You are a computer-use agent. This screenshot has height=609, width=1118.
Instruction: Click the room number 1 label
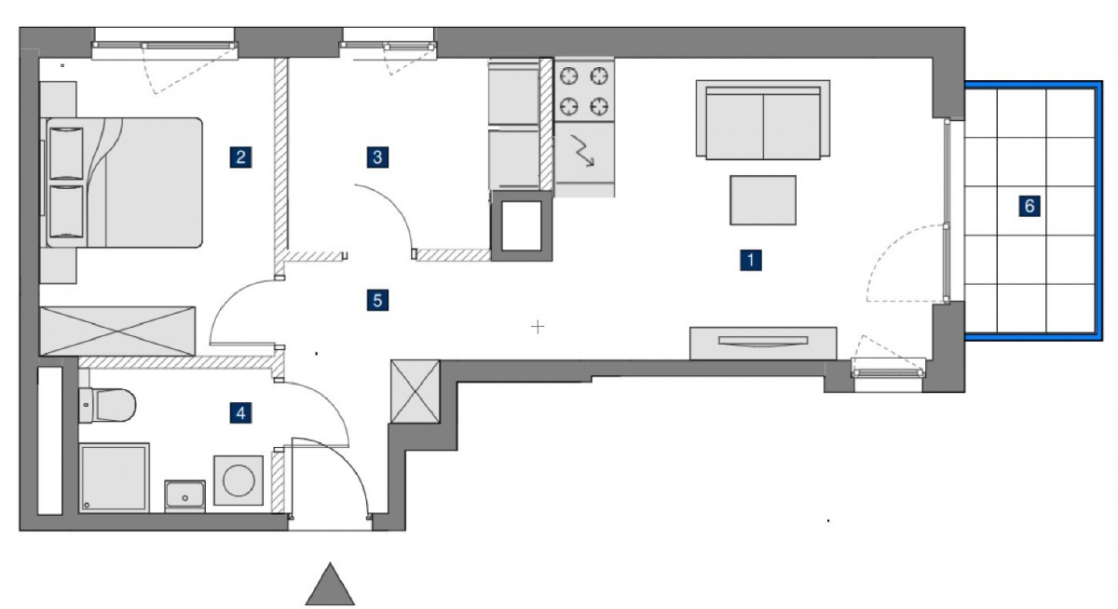(x=751, y=260)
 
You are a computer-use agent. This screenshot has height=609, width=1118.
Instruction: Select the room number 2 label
(x=240, y=157)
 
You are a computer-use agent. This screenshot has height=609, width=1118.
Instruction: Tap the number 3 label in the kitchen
(x=377, y=157)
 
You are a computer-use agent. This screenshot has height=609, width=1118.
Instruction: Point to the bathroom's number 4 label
(x=240, y=413)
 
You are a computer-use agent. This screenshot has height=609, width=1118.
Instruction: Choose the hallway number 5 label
(x=377, y=300)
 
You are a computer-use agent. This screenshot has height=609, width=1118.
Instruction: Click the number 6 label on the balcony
(x=1029, y=206)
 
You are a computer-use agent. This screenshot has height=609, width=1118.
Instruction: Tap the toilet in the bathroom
(x=107, y=404)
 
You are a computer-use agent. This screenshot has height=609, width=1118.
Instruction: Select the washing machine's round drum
(x=239, y=480)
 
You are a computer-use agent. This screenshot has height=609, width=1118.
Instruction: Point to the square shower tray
(x=115, y=478)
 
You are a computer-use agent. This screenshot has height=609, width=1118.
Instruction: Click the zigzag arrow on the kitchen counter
(x=582, y=150)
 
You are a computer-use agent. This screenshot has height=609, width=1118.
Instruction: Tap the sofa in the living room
(x=763, y=120)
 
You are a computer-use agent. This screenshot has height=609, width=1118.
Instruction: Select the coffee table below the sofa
(x=763, y=199)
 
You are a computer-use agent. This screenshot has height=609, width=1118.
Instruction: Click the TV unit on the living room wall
(x=763, y=343)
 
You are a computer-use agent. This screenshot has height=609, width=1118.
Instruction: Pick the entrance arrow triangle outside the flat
(x=330, y=584)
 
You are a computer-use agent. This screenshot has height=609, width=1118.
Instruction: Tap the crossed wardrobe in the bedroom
(x=117, y=331)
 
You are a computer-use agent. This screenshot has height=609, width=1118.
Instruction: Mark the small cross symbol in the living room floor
(x=538, y=327)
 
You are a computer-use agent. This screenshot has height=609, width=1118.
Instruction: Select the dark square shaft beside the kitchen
(x=522, y=225)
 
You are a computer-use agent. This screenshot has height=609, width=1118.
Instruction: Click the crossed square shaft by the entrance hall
(x=416, y=391)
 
